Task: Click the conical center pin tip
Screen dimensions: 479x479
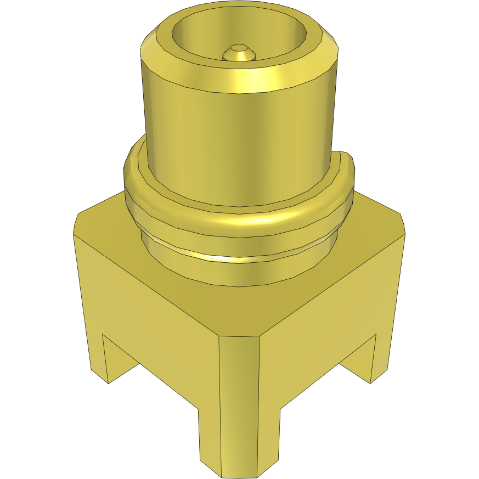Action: [x=239, y=53]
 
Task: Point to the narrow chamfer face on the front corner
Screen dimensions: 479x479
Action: [x=239, y=384]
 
